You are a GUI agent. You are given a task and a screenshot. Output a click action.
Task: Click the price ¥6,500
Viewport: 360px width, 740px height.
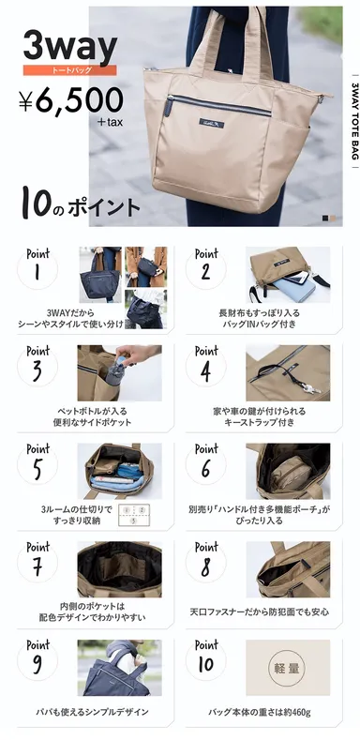pos(69,99)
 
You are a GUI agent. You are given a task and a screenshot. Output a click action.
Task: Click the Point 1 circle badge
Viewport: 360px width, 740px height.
pos(38,271)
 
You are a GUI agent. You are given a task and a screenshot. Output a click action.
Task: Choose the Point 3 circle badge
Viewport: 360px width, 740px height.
pos(38,369)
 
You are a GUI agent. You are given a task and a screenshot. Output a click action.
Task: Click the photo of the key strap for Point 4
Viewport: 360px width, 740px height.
pos(288,371)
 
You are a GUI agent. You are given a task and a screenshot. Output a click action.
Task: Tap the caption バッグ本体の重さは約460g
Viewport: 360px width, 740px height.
pos(260,712)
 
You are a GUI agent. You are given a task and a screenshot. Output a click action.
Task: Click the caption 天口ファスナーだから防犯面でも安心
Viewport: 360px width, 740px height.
pos(260,612)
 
